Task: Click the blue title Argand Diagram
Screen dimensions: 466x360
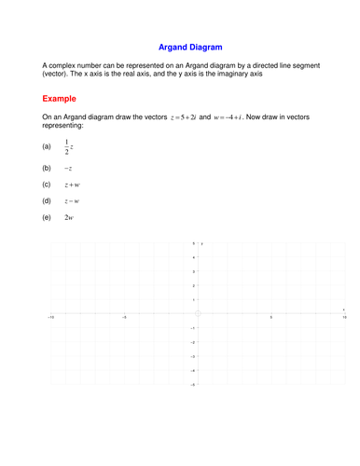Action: tap(190, 46)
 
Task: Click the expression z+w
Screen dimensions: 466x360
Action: tap(72, 185)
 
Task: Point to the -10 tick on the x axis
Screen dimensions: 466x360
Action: tap(50, 318)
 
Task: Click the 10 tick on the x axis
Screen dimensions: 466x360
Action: tap(344, 318)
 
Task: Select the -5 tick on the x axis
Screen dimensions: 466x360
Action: tap(124, 318)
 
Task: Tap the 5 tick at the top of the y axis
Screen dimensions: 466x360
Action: tap(193, 243)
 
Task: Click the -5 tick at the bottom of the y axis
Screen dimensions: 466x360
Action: tap(192, 384)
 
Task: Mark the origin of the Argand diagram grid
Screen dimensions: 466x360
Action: tap(198, 313)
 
